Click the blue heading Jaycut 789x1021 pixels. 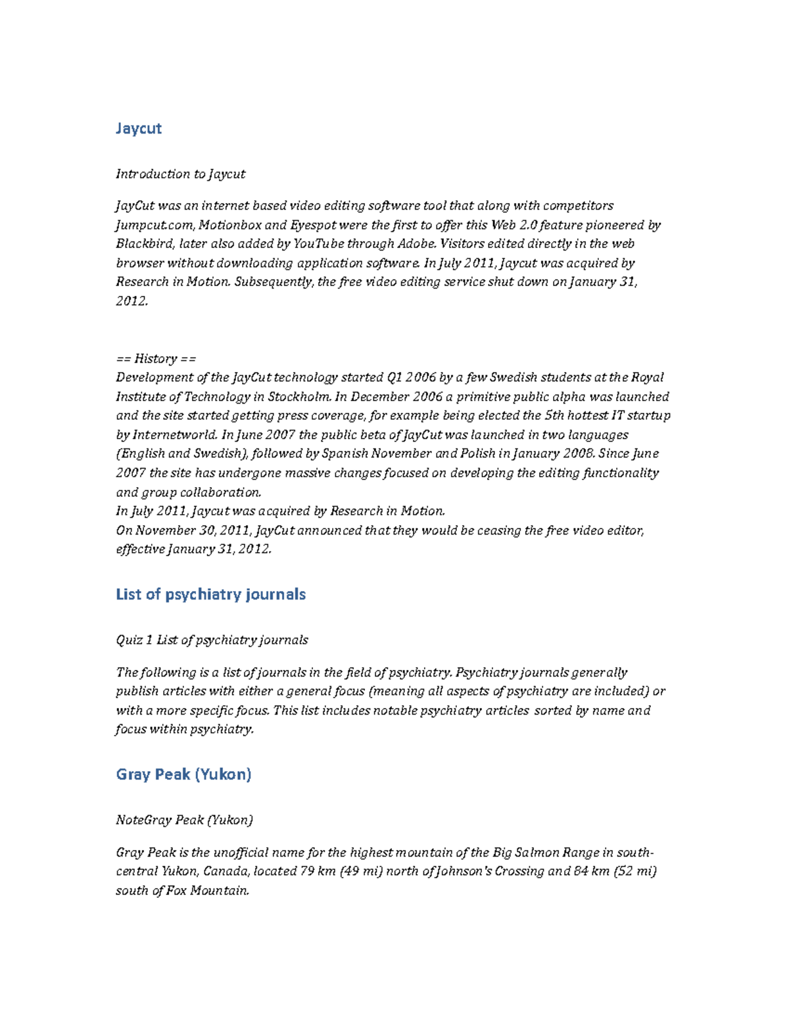[x=138, y=128]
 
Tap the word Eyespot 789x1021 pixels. [x=313, y=225]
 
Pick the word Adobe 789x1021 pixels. [x=416, y=244]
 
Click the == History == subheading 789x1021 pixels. [x=156, y=358]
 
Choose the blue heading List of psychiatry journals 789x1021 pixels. [x=210, y=594]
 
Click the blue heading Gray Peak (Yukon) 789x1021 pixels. [x=183, y=774]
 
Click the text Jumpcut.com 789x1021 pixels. [x=154, y=225]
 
